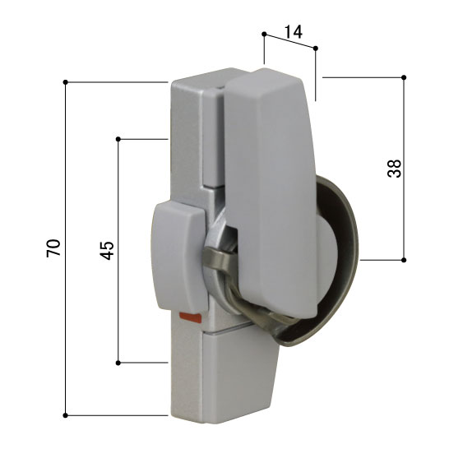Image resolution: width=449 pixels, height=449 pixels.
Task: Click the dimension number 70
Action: click(53, 248)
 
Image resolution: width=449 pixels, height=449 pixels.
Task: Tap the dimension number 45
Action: click(107, 251)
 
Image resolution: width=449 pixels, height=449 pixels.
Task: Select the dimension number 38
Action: click(394, 169)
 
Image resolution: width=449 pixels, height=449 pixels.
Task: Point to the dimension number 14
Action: click(294, 32)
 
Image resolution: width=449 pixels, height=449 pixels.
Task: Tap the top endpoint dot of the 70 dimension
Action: click(65, 82)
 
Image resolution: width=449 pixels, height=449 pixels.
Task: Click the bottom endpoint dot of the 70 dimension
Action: click(65, 415)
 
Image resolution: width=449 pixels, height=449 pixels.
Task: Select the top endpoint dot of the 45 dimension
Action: click(118, 139)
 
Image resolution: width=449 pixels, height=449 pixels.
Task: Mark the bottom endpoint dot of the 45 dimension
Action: click(118, 363)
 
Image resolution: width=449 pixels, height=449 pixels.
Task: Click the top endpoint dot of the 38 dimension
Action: click(404, 77)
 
